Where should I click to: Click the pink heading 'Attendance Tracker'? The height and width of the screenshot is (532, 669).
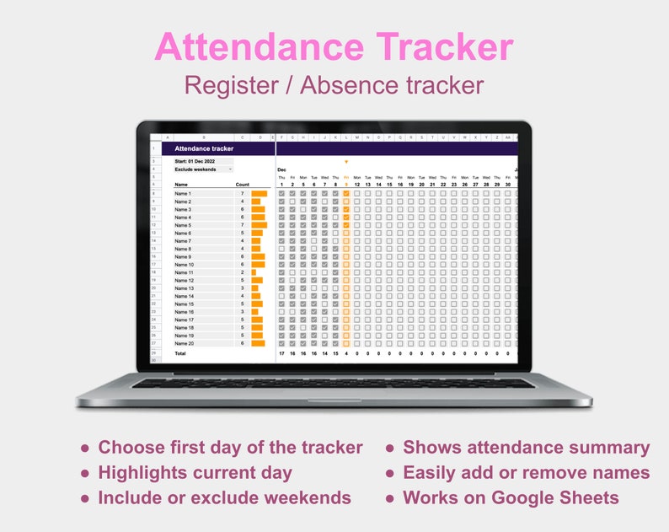[334, 46]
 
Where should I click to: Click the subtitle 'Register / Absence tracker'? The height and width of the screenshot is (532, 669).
[334, 85]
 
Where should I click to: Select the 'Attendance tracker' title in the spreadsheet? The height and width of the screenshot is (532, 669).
[204, 148]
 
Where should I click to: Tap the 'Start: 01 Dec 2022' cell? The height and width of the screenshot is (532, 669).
[195, 160]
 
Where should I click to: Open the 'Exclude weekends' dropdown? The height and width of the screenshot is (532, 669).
[203, 169]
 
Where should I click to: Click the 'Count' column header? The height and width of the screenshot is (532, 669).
[243, 184]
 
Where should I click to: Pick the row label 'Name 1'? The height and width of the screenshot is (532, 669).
[183, 194]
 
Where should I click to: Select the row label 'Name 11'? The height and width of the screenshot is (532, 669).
[184, 273]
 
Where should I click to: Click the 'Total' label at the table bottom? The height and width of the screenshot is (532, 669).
[180, 354]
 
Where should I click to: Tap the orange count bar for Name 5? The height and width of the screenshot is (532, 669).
[259, 225]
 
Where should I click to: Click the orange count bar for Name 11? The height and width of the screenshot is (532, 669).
[253, 273]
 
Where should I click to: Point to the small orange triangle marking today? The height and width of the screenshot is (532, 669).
[345, 162]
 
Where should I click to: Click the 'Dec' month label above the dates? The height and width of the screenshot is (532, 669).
[281, 170]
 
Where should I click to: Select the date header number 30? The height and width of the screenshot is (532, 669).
[507, 184]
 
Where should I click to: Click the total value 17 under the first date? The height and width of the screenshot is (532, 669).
[281, 354]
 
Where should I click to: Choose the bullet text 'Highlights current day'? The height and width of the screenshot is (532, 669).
[195, 473]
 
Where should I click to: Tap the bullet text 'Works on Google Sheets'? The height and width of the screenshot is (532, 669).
[511, 497]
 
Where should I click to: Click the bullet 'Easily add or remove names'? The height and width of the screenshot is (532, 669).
[527, 473]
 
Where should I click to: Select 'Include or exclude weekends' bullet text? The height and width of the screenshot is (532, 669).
[224, 497]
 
